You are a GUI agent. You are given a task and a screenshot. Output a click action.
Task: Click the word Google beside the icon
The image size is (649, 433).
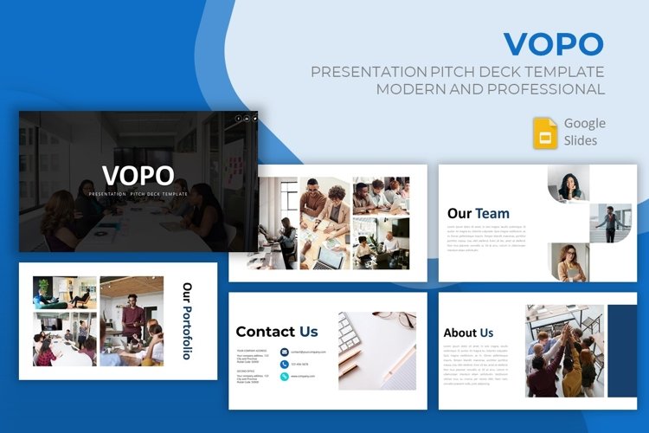584,123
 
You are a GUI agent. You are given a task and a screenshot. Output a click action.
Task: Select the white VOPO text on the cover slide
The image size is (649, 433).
138,175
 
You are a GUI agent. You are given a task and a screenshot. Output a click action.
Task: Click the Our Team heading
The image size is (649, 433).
478,213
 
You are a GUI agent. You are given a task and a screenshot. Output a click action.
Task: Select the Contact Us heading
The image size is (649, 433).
277,332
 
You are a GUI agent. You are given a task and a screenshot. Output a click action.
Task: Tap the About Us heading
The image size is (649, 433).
468,333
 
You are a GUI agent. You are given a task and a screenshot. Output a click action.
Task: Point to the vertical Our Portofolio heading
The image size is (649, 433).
187,320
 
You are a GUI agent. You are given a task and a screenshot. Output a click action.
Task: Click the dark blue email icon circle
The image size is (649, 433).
284,352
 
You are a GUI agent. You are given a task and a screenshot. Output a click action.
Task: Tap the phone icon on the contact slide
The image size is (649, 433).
284,365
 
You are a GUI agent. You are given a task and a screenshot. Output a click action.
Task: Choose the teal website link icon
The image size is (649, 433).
284,377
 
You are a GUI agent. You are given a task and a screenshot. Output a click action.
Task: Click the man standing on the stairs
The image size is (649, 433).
613,223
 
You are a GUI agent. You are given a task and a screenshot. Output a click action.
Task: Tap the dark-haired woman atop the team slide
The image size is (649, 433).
570,184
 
